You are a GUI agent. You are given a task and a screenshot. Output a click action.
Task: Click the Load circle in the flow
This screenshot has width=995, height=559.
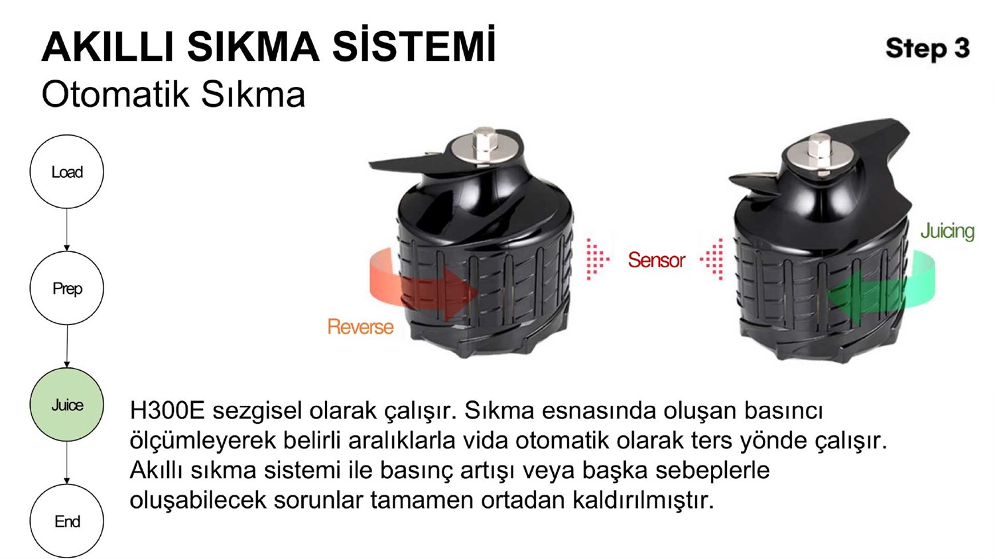point(66,172)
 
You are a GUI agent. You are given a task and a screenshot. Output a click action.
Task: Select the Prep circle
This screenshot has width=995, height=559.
point(66,288)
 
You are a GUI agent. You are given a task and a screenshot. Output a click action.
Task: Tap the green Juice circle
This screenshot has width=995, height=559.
point(66,405)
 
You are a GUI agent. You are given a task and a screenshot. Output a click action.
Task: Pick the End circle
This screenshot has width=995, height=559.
point(66,521)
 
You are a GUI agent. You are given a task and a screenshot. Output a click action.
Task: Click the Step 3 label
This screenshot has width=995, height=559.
point(927,48)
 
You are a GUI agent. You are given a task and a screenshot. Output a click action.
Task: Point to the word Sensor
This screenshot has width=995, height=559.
point(656,260)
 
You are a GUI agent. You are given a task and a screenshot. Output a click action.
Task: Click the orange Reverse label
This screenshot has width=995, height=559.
point(360,327)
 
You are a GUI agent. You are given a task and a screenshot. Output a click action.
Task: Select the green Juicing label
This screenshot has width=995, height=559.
point(947,231)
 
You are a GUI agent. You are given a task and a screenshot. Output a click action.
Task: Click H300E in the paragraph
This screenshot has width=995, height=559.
point(167,410)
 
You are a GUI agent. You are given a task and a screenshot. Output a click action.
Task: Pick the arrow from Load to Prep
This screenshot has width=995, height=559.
point(66,229)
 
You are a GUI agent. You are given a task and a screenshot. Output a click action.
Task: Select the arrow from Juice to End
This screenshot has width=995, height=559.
point(66,463)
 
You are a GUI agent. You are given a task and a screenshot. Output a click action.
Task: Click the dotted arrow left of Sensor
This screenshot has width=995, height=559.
point(597,258)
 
